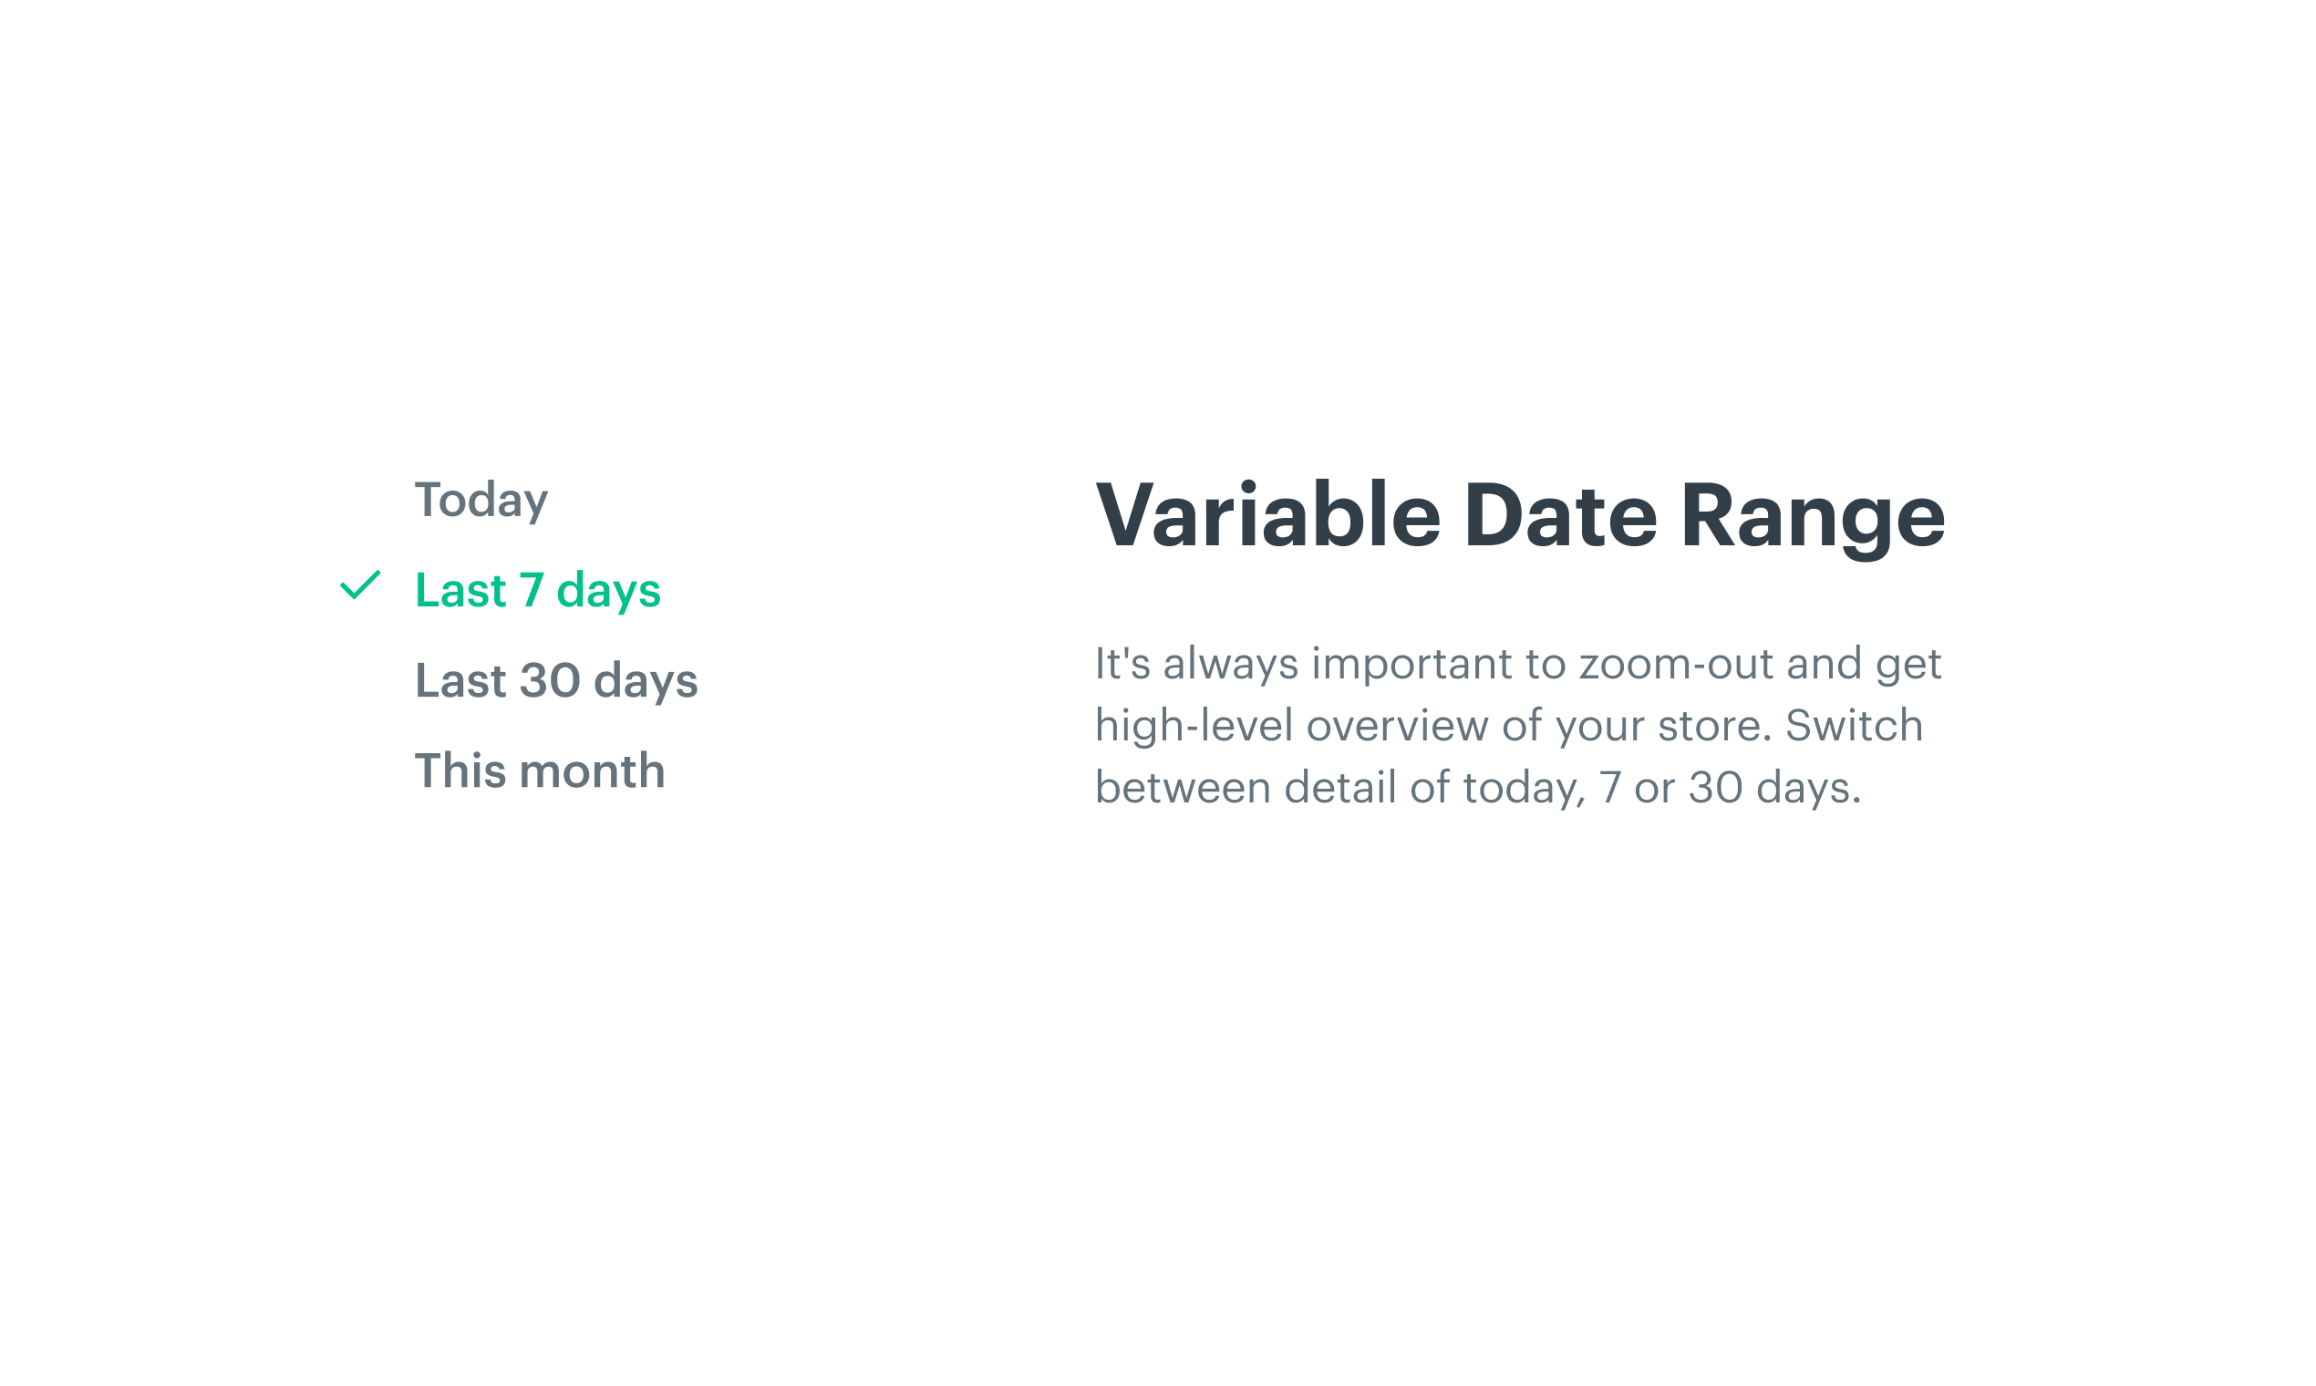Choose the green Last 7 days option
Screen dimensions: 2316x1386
click(538, 591)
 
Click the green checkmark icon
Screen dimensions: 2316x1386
click(360, 584)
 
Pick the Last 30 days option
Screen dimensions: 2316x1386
click(556, 681)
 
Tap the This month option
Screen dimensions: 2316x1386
click(540, 771)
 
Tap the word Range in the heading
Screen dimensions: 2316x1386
click(1813, 519)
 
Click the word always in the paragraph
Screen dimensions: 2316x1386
click(1230, 665)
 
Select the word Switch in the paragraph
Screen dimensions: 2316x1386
click(1854, 726)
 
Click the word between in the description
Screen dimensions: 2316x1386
click(1183, 788)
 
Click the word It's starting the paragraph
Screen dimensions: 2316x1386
click(1122, 664)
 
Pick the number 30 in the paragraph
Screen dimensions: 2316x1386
click(1715, 788)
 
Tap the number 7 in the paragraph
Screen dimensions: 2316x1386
click(1609, 788)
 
